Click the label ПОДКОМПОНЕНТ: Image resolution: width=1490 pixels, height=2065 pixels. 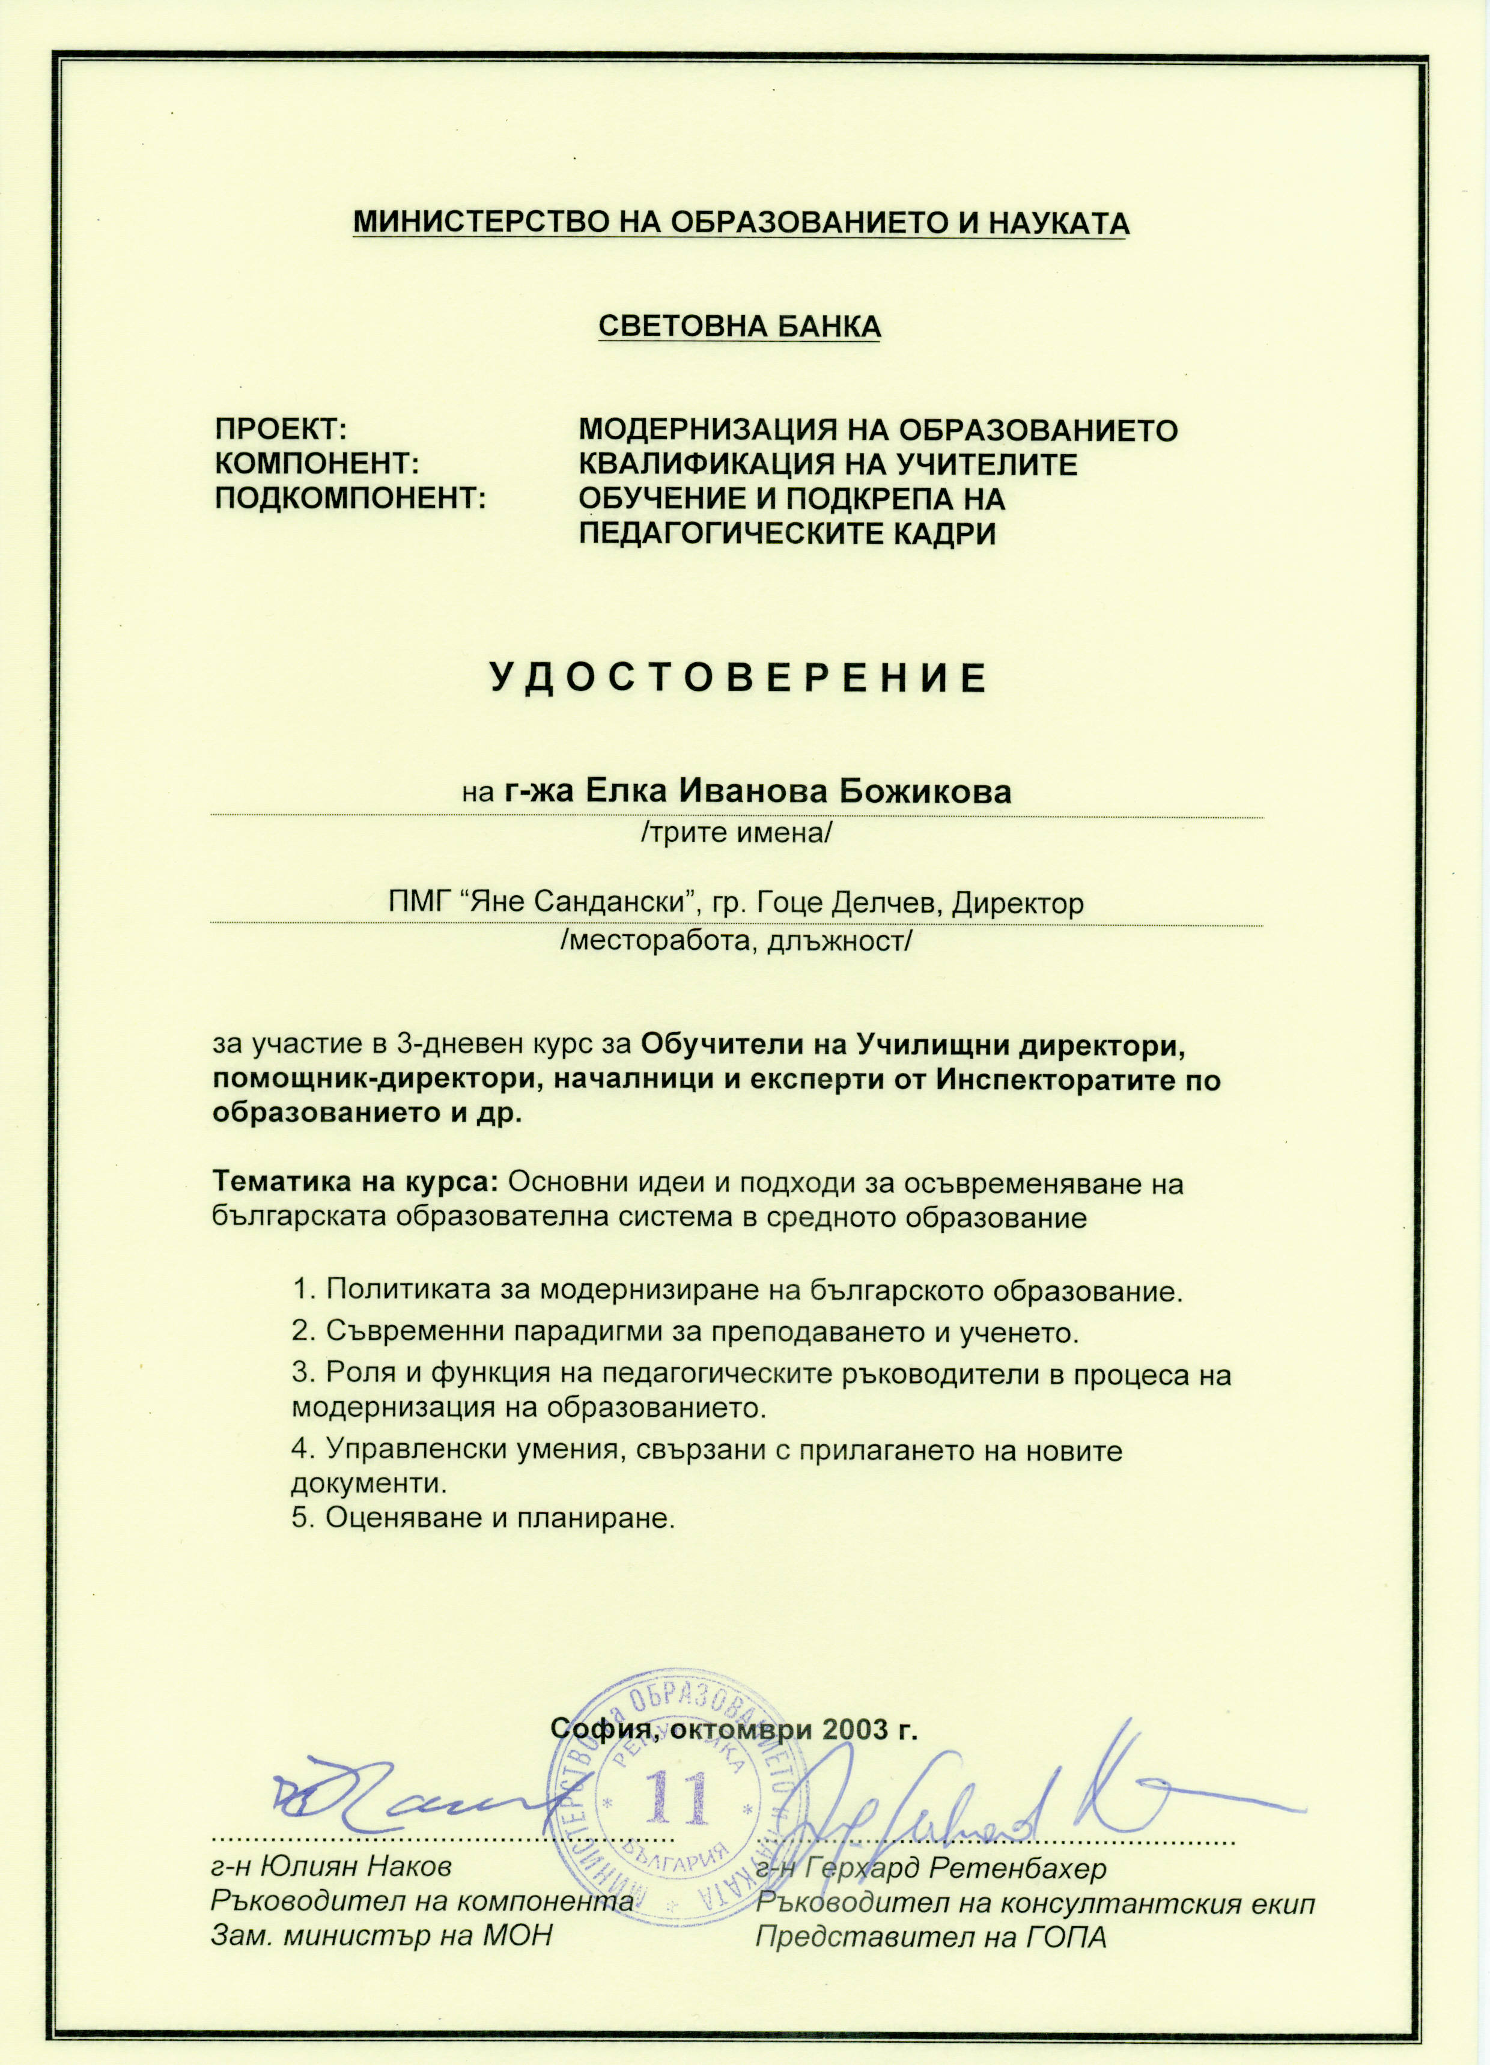click(350, 499)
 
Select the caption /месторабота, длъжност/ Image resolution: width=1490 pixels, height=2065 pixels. click(736, 941)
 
